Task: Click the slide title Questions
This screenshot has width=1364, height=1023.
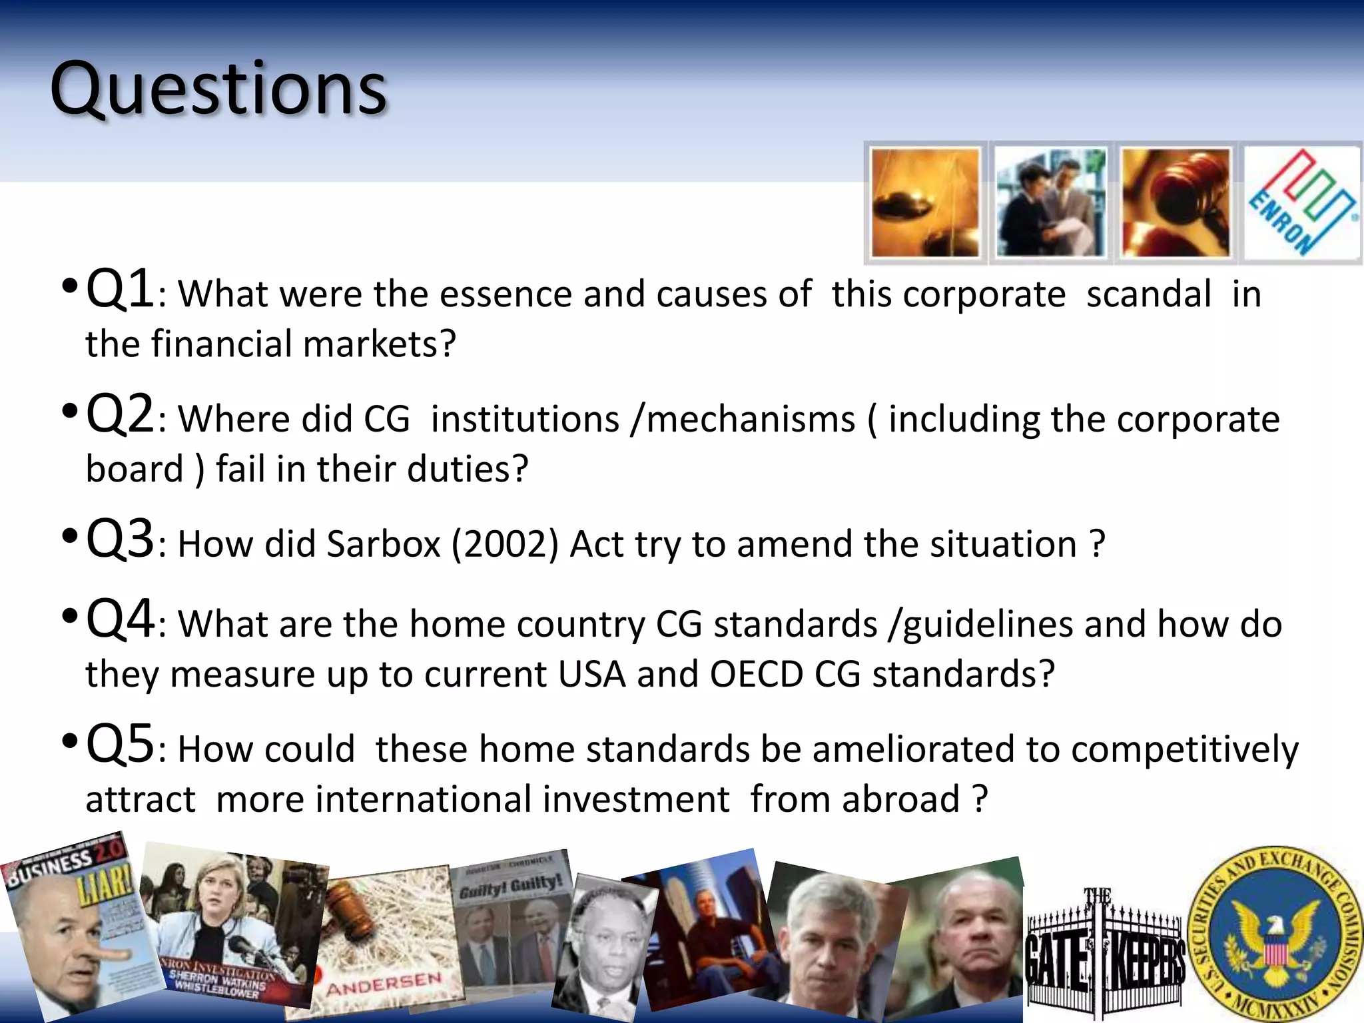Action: pos(218,89)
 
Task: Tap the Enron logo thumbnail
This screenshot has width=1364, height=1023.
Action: pos(1301,202)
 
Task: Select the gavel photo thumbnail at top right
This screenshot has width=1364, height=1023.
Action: pos(1176,202)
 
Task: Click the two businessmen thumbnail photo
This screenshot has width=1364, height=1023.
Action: pos(1050,202)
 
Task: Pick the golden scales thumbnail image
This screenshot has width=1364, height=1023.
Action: pos(925,202)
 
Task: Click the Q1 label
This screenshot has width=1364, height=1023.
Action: pos(120,289)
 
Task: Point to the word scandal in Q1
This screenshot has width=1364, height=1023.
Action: pos(1148,294)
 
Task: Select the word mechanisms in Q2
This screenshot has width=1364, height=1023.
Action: pos(751,420)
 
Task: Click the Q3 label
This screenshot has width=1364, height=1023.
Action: pos(120,539)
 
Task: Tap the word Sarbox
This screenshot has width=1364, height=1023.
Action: pos(384,544)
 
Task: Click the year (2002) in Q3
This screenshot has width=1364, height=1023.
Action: pos(505,544)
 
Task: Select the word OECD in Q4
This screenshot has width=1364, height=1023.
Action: pos(757,674)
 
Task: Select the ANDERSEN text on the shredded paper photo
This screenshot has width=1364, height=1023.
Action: pos(384,984)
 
